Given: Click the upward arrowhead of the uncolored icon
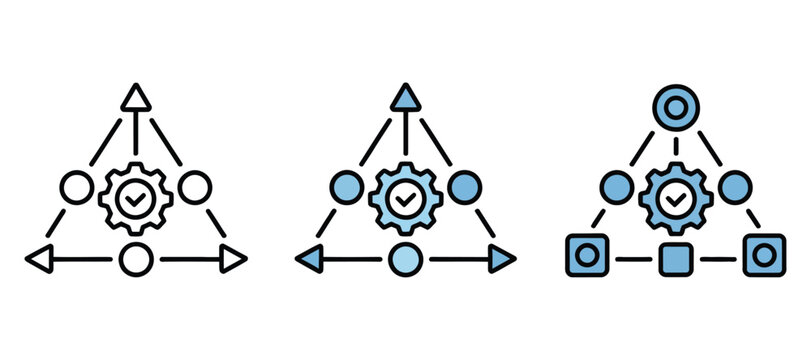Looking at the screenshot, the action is (x=135, y=97).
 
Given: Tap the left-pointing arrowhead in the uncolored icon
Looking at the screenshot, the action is (x=38, y=259).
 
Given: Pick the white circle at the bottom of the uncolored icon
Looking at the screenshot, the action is (x=135, y=259).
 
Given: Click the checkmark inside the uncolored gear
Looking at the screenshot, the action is (x=135, y=198).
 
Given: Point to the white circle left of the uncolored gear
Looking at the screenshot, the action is (x=76, y=187).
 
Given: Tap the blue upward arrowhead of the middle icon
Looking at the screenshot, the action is (x=405, y=97).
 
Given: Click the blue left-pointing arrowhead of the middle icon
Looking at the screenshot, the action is (x=309, y=259).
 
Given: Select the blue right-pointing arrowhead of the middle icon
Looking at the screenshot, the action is (x=502, y=259).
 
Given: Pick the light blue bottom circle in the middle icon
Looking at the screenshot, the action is (x=405, y=259).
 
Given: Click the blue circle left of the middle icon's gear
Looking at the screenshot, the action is (x=346, y=187).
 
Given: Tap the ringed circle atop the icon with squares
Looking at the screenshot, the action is (x=676, y=104).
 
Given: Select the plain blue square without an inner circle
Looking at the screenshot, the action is (x=676, y=257).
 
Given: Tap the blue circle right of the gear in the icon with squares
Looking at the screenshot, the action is (x=735, y=187).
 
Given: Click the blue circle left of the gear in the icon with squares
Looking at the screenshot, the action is (x=617, y=187).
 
